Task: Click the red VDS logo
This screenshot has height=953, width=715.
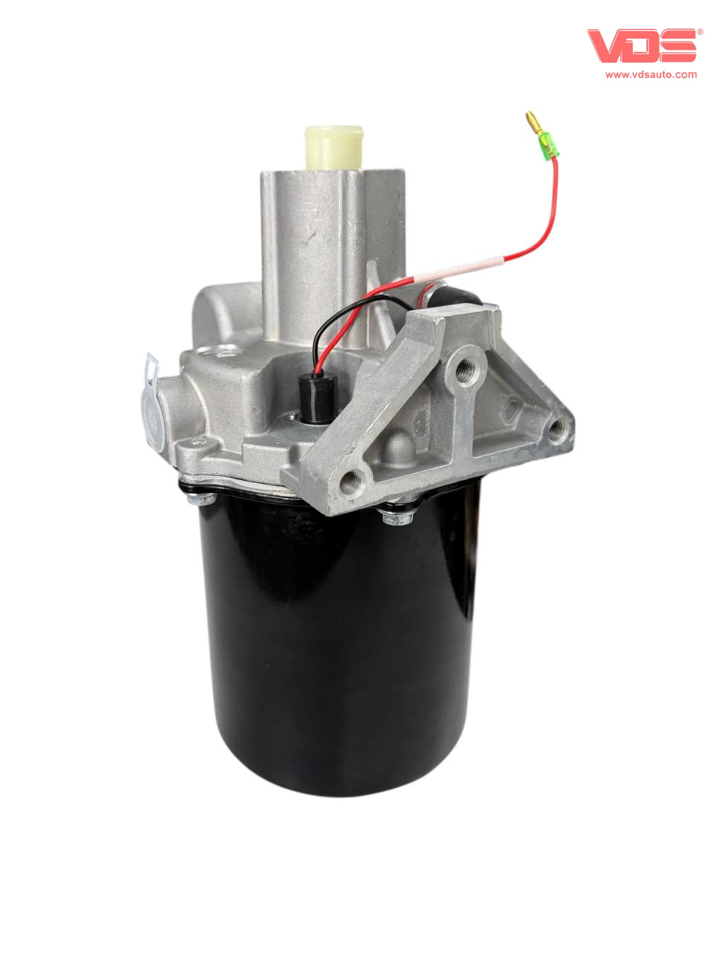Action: (642, 45)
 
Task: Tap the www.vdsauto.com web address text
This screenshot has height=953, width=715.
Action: (651, 74)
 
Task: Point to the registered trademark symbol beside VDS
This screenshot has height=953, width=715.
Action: (700, 32)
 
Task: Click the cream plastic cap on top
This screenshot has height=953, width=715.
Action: (334, 147)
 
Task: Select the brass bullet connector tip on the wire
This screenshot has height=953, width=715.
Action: (533, 120)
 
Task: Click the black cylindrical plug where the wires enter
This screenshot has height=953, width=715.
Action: (317, 398)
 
